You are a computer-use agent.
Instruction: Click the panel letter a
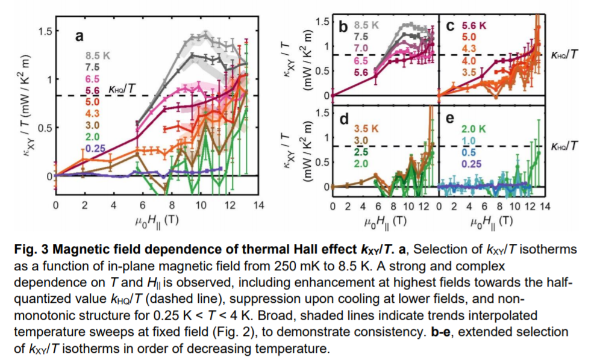coord(79,37)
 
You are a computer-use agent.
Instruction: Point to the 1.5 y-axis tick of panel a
coord(44,31)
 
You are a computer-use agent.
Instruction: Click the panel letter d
coord(345,119)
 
